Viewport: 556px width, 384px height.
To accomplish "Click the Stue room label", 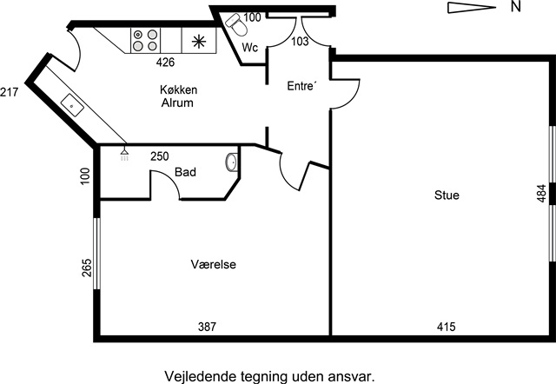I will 447,195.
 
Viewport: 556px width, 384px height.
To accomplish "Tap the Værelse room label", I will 215,264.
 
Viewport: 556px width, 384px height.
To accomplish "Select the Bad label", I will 185,172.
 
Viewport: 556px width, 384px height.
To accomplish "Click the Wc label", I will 250,47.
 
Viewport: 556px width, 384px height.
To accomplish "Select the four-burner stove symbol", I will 145,40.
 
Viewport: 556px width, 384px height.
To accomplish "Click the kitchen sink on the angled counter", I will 71,107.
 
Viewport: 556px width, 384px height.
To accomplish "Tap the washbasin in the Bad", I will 231,162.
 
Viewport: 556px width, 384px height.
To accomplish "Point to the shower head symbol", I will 124,152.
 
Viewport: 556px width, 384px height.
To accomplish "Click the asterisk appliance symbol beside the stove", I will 200,40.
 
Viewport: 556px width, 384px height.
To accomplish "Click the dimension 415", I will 446,327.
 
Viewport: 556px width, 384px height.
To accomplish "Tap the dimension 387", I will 207,327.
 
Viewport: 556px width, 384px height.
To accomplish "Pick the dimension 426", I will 165,63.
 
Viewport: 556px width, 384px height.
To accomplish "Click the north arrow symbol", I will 470,7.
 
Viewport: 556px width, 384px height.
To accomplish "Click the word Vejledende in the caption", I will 197,375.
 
